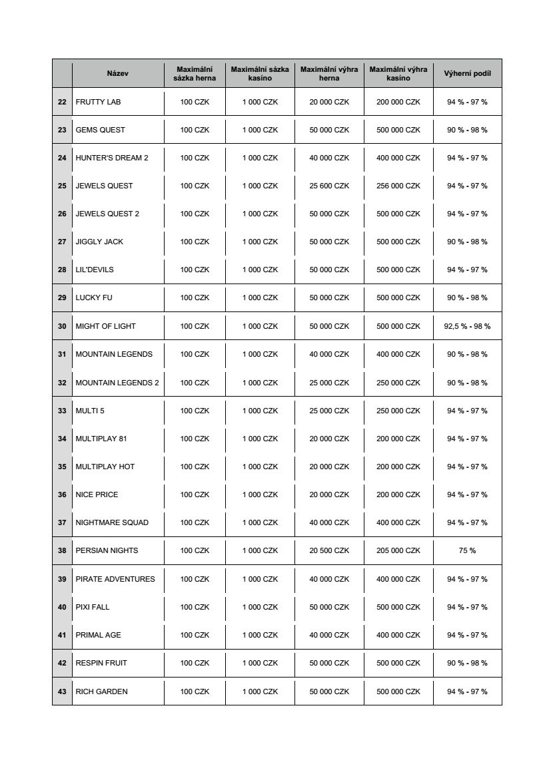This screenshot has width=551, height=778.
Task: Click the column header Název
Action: pos(117,73)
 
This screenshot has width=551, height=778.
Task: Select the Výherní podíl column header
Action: pos(467,73)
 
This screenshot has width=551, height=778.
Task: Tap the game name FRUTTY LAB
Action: pos(98,102)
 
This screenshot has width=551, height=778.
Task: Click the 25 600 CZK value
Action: pos(329,186)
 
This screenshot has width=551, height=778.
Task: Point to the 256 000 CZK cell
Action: pos(398,186)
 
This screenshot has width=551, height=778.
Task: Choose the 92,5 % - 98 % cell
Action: pos(467,326)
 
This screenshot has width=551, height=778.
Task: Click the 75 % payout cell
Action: pos(467,550)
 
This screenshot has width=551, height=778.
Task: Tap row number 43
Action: pos(62,691)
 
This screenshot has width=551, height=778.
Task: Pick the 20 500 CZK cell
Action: pos(329,550)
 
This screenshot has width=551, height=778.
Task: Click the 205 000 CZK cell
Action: pos(398,550)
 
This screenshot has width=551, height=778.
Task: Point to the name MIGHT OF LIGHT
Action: pos(105,326)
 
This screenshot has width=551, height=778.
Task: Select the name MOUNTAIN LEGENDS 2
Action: pos(117,383)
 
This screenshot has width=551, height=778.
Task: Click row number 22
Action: pos(62,102)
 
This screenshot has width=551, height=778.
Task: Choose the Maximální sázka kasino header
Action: pos(260,73)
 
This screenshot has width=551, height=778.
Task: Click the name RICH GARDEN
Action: pos(101,691)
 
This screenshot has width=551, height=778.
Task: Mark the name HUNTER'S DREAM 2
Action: pos(112,158)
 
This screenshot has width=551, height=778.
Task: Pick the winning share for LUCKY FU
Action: pos(467,297)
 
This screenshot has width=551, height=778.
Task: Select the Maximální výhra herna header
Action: pos(329,73)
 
